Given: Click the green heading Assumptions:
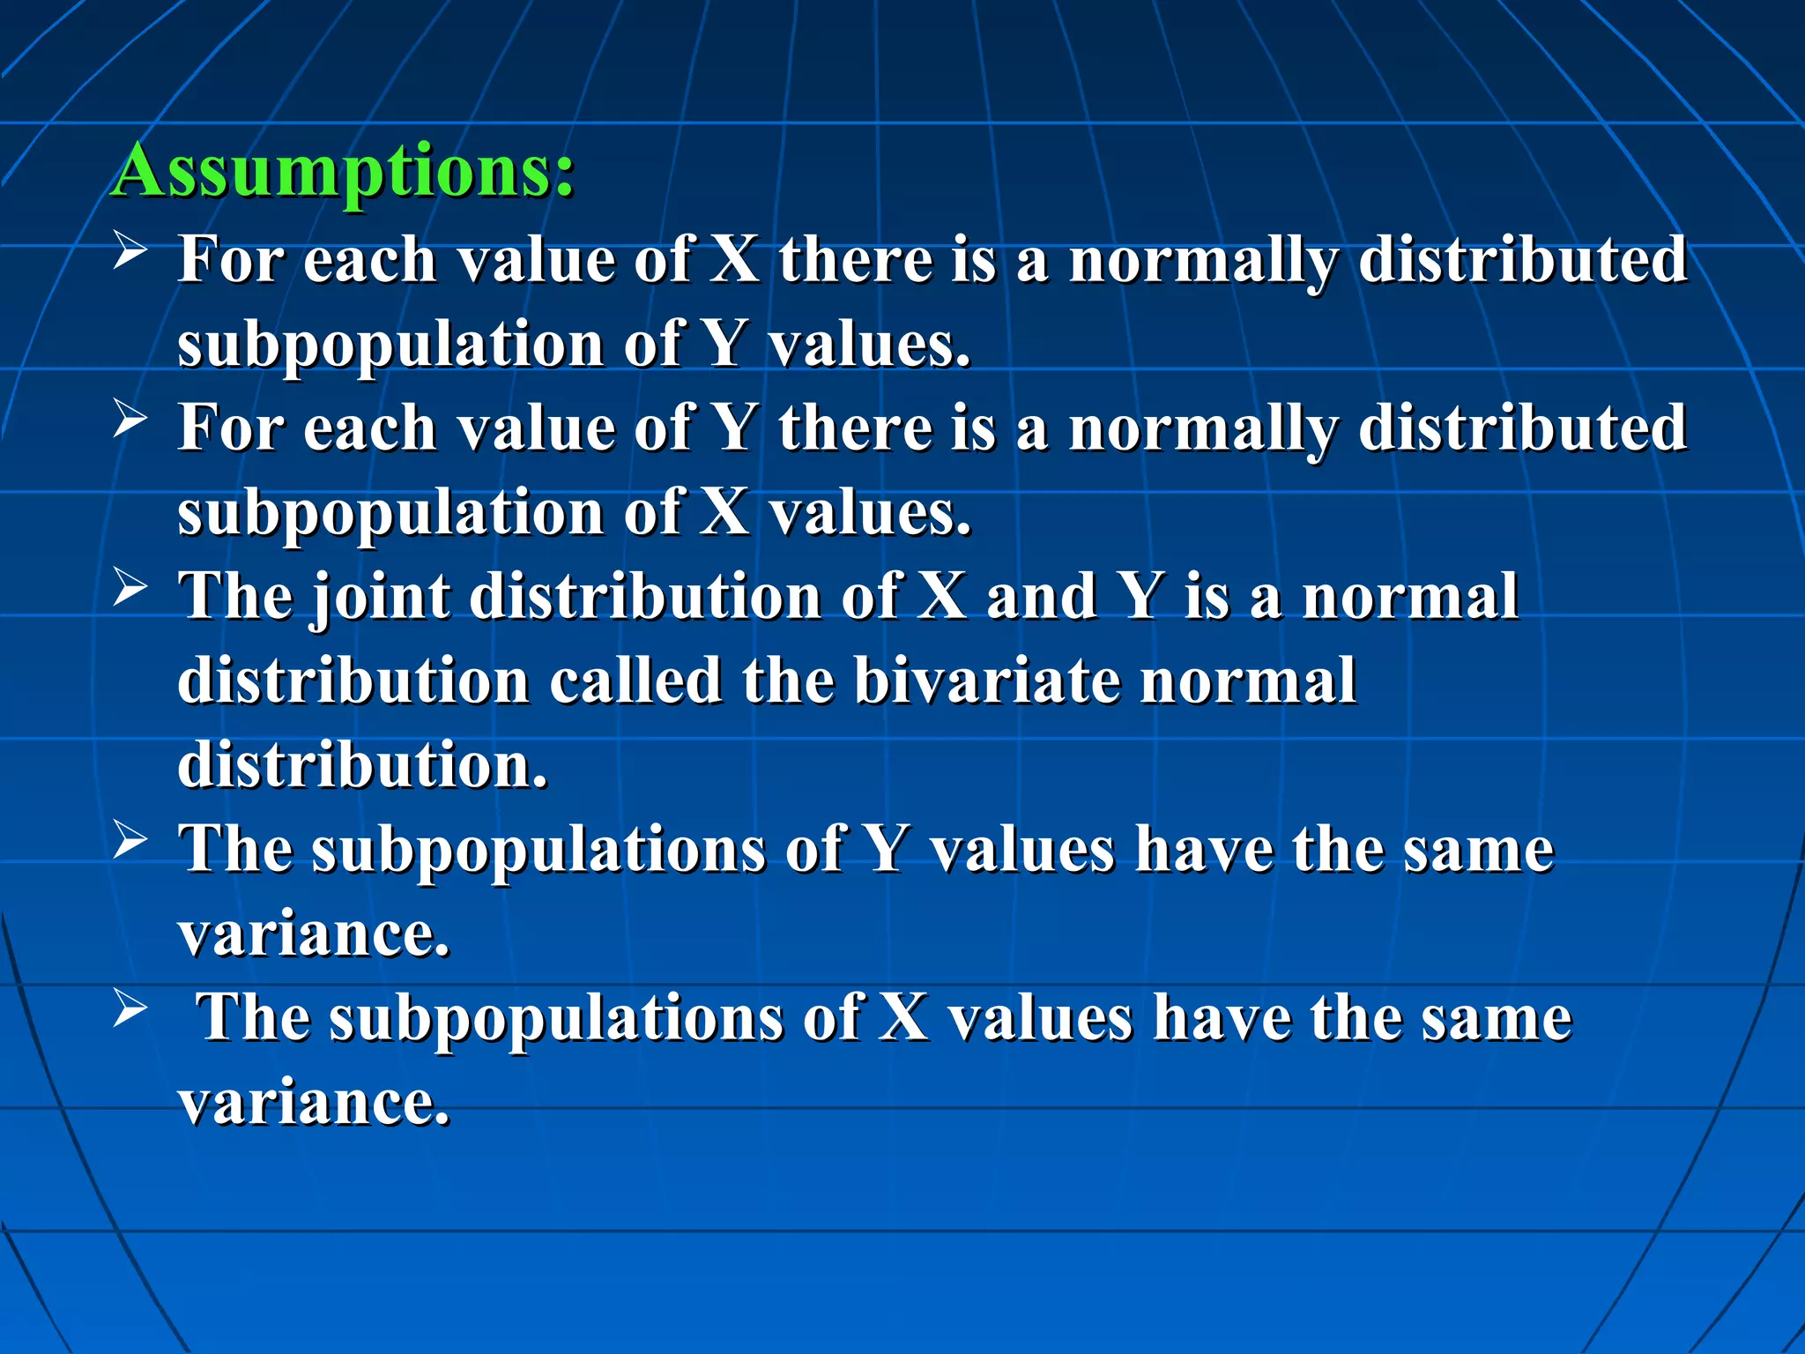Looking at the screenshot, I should tap(344, 171).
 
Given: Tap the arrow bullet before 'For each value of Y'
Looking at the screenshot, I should tap(130, 419).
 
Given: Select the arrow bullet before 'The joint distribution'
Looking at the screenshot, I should tap(130, 588).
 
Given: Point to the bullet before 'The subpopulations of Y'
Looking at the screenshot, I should tap(130, 841).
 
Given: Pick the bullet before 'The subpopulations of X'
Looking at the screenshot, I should tap(130, 1009).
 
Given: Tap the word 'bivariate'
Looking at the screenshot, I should tap(987, 681).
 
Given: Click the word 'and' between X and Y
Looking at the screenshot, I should tap(1041, 597).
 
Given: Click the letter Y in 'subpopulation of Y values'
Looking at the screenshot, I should tap(724, 344).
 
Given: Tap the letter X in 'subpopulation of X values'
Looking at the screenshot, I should tap(724, 512).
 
